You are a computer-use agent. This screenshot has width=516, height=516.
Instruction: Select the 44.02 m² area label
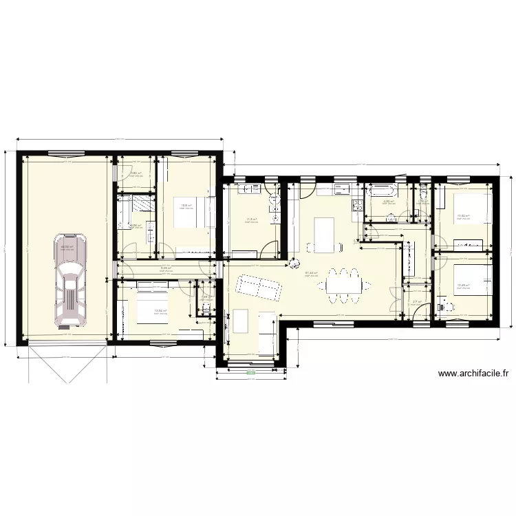click(67, 247)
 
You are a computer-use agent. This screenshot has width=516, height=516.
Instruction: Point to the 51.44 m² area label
click(311, 272)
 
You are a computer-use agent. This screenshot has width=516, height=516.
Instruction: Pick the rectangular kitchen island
click(323, 234)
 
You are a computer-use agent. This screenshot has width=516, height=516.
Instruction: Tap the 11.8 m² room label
click(251, 220)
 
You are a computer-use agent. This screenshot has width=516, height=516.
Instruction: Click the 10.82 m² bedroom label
click(462, 216)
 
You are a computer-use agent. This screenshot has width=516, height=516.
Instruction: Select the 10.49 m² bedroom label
click(462, 286)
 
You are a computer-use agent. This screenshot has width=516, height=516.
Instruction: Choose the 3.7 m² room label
click(416, 301)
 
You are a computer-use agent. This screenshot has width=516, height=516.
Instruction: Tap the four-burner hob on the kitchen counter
click(358, 205)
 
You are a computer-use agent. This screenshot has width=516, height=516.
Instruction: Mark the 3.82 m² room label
click(136, 173)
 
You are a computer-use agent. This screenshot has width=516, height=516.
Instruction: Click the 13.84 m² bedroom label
click(160, 310)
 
